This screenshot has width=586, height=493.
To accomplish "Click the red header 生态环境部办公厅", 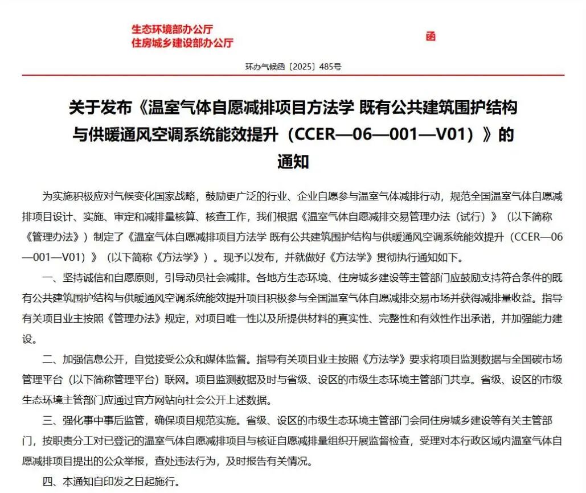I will click(x=172, y=30).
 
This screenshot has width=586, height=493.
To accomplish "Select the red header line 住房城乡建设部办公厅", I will click(x=182, y=43).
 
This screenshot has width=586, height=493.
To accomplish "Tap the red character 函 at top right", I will click(x=431, y=36).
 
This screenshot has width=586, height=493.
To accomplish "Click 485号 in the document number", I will click(x=330, y=67).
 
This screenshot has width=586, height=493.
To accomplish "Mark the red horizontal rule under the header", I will click(x=293, y=75).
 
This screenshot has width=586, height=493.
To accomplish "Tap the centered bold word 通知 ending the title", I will click(x=293, y=162).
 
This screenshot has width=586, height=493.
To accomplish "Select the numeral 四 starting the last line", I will click(x=48, y=482).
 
